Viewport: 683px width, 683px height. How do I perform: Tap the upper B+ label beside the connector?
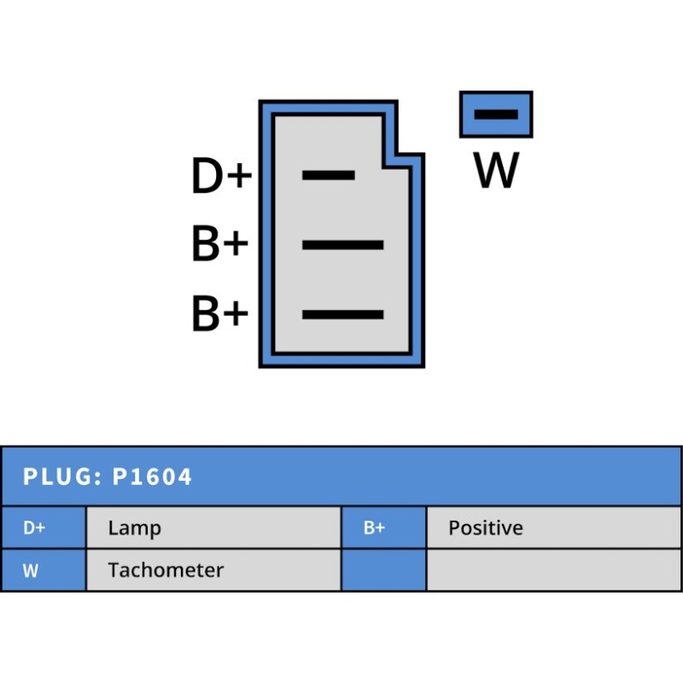pyautogui.click(x=219, y=245)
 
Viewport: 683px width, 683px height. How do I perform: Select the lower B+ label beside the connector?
pyautogui.click(x=219, y=314)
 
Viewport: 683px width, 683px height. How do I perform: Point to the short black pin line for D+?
pyautogui.click(x=329, y=175)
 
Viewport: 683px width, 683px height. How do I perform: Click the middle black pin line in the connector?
pyautogui.click(x=342, y=245)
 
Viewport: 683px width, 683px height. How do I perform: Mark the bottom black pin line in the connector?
pyautogui.click(x=342, y=314)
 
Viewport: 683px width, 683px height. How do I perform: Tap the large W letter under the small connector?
pyautogui.click(x=496, y=170)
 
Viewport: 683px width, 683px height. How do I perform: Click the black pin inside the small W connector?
pyautogui.click(x=496, y=114)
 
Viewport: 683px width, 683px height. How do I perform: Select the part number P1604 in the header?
pyautogui.click(x=152, y=476)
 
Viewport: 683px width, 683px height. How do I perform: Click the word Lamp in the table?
pyautogui.click(x=134, y=528)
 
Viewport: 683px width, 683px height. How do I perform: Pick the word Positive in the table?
pyautogui.click(x=485, y=528)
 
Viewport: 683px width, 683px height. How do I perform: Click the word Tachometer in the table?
pyautogui.click(x=166, y=570)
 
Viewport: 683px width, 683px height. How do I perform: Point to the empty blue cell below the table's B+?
pyautogui.click(x=383, y=570)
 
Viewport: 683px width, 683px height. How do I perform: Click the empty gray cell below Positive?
pyautogui.click(x=553, y=570)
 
